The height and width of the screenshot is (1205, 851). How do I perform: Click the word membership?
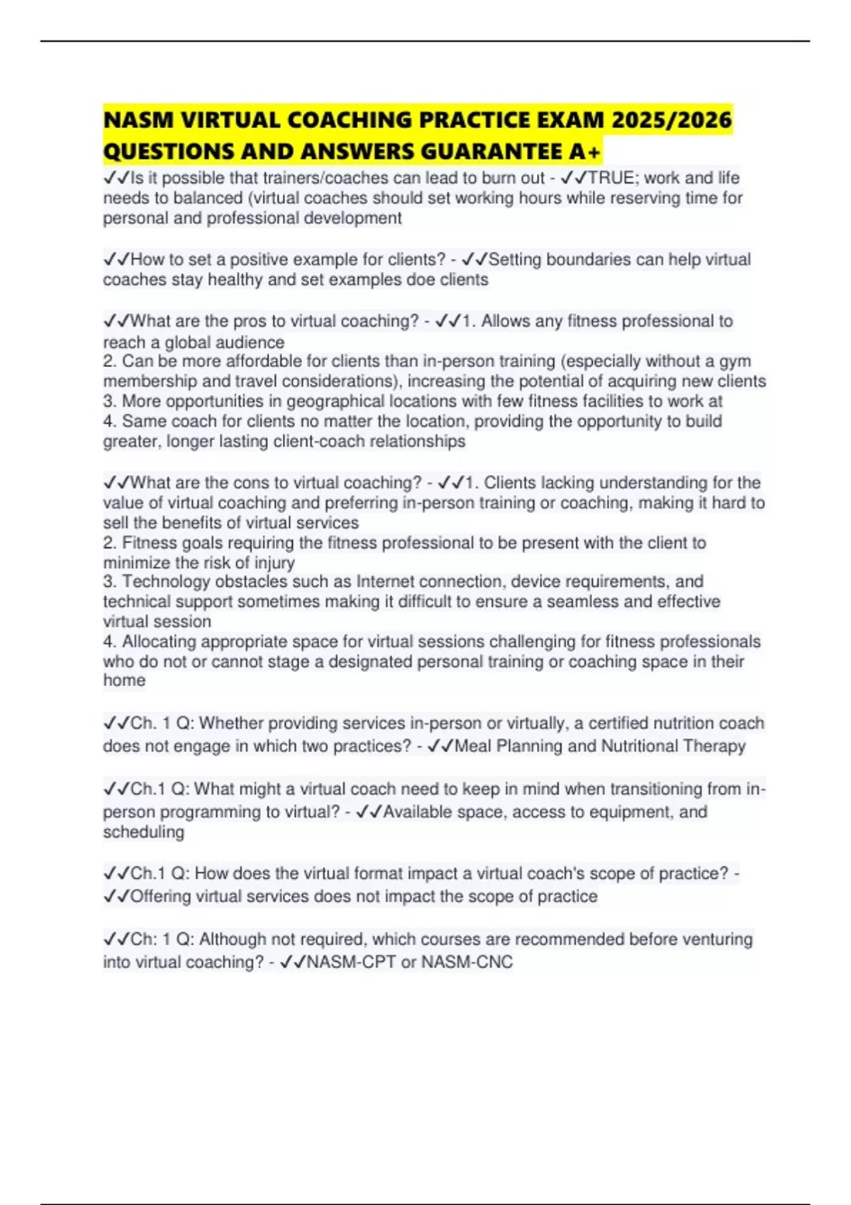(x=148, y=381)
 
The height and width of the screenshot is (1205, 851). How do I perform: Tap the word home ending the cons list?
(x=124, y=680)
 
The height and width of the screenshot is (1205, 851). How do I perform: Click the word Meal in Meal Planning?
(x=472, y=746)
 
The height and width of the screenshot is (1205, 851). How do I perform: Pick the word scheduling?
(x=143, y=832)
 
